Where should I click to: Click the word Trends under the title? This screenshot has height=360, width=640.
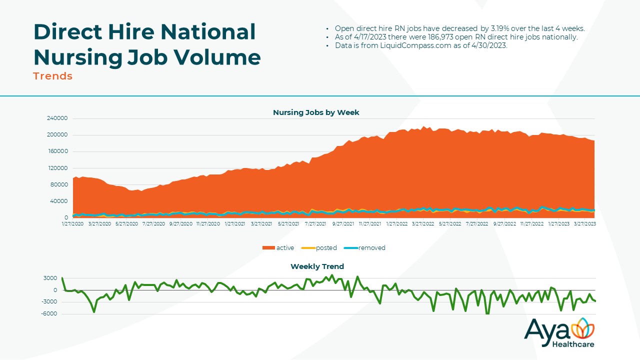tap(52, 76)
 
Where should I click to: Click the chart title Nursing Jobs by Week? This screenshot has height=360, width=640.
tap(316, 112)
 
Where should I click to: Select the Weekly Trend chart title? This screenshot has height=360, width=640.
tap(317, 266)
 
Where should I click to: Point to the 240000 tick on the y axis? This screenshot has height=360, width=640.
tap(57, 118)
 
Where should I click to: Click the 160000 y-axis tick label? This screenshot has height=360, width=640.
tap(57, 151)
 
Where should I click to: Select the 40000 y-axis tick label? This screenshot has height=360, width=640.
tap(58, 201)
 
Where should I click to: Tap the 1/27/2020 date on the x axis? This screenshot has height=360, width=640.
tap(73, 224)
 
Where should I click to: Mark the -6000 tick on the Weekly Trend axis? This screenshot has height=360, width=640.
tap(49, 314)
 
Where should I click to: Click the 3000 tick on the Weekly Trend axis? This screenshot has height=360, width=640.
tap(50, 278)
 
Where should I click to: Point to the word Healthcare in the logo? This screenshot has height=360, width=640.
tap(573, 344)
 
